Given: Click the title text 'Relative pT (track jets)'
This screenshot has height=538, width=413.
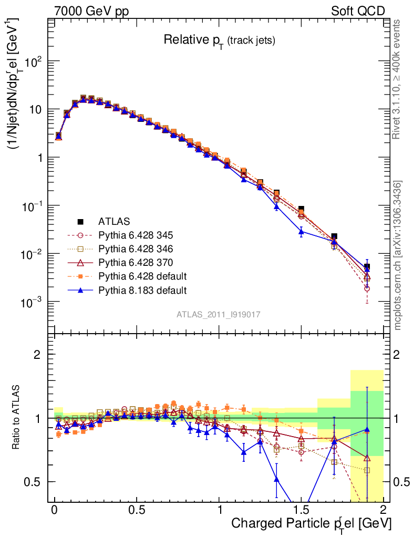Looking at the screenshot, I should (x=219, y=40).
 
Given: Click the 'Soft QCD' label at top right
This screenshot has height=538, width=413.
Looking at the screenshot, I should (x=358, y=11).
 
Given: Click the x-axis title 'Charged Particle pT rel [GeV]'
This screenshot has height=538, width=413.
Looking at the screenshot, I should (x=311, y=524).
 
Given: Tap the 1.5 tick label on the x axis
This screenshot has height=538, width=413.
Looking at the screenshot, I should (x=301, y=510).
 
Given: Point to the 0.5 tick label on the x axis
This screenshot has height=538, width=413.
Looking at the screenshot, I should (x=137, y=510).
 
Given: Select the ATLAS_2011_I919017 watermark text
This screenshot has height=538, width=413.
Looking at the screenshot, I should (x=219, y=314).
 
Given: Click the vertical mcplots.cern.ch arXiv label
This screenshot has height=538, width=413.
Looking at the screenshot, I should (x=398, y=255).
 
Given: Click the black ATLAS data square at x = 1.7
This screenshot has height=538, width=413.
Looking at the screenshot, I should (x=334, y=237).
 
